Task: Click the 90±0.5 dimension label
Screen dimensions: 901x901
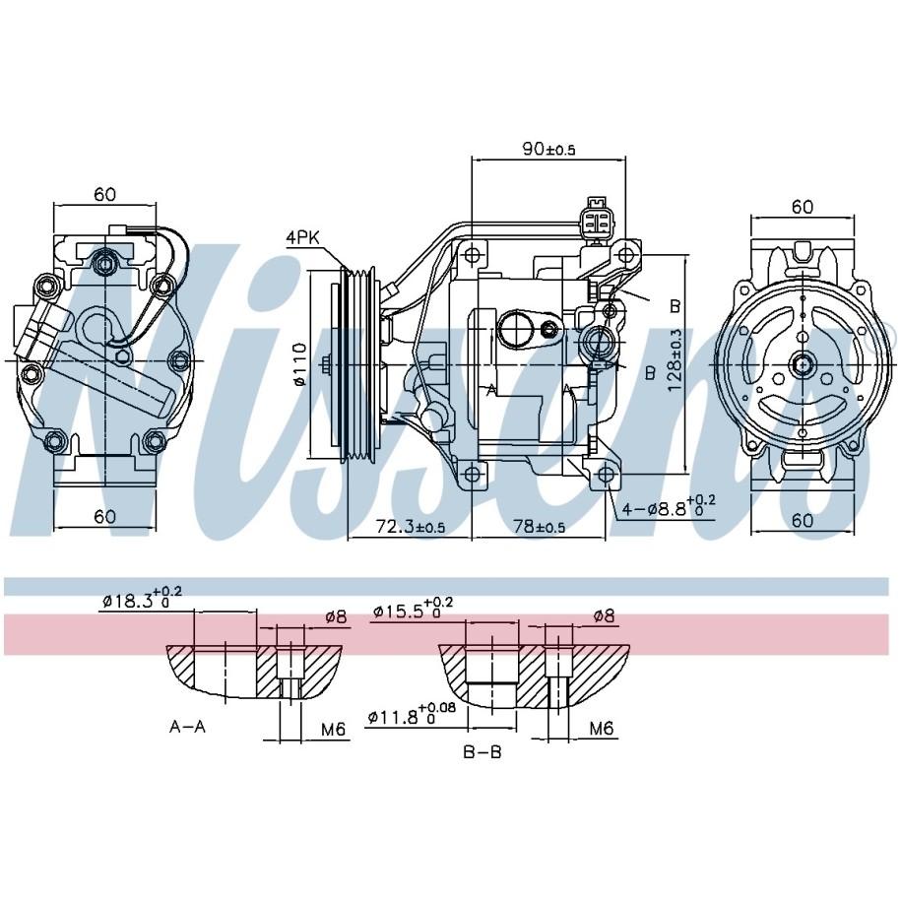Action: pyautogui.click(x=548, y=149)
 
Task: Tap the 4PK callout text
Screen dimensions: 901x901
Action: pyautogui.click(x=302, y=238)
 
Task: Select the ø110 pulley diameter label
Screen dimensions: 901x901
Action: pyautogui.click(x=299, y=364)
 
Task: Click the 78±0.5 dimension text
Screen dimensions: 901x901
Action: pyautogui.click(x=538, y=526)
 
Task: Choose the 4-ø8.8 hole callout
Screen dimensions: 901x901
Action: pyautogui.click(x=670, y=506)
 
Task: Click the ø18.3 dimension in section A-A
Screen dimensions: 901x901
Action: pyautogui.click(x=142, y=598)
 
